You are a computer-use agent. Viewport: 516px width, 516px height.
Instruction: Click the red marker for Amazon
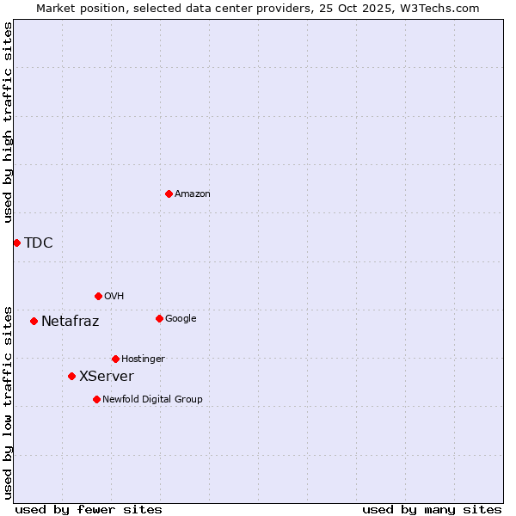(169, 193)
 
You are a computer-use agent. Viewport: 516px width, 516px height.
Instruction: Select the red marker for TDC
(16, 243)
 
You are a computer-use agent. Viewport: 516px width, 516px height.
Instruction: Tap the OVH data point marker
(98, 296)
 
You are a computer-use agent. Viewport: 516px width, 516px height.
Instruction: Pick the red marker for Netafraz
(34, 321)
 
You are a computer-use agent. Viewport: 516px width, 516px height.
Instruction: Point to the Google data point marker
(159, 318)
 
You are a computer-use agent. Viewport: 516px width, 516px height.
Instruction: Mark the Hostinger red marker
(115, 359)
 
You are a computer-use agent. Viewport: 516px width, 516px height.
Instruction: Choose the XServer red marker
(71, 376)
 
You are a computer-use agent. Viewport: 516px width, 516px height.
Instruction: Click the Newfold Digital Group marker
(96, 399)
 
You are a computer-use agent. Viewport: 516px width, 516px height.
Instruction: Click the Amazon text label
(193, 194)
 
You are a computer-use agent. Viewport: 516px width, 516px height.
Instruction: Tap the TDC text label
(39, 243)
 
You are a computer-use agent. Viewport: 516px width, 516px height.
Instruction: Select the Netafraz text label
(71, 322)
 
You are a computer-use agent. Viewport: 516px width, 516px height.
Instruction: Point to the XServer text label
(107, 377)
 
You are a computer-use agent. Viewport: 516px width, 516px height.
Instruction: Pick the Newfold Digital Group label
(153, 399)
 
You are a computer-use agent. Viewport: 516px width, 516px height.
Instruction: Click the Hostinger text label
(143, 359)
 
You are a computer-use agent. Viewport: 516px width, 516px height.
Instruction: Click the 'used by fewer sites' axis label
(89, 509)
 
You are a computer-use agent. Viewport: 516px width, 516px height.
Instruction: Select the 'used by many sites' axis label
(432, 509)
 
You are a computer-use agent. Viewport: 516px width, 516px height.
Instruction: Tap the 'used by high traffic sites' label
(8, 122)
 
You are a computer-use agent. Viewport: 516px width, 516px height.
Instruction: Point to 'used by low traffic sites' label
(8, 402)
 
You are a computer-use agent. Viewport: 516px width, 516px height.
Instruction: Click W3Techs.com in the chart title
(437, 8)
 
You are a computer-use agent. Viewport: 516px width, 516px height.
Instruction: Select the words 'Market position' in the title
(78, 8)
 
